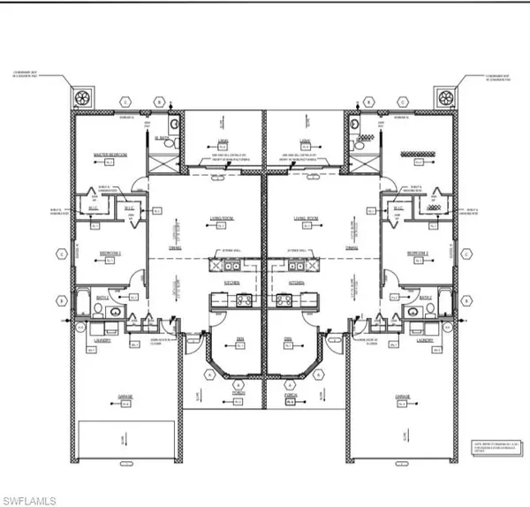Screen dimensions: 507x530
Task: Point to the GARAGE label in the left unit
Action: [x=125, y=397]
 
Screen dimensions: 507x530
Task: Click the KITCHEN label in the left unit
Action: [x=231, y=284]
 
